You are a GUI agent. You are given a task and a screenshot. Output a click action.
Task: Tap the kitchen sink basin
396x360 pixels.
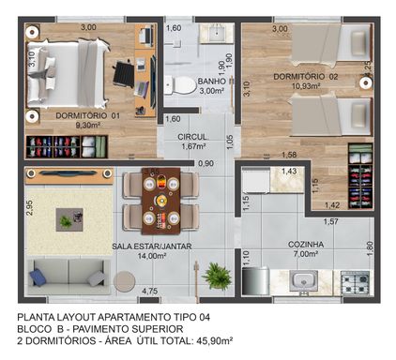point(303,280)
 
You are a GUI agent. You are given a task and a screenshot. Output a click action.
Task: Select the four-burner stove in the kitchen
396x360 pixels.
point(357,282)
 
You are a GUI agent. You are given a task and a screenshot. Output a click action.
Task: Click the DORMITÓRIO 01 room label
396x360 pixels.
point(87,116)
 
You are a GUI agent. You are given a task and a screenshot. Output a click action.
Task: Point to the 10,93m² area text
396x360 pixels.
point(306,86)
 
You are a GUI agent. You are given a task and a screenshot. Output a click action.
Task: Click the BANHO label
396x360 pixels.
point(211,82)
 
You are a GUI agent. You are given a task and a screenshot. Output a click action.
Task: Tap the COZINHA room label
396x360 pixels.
point(306,245)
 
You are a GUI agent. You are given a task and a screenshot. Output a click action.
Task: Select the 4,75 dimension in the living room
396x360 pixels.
point(149,292)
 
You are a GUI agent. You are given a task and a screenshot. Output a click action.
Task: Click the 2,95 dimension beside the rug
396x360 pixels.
point(30,208)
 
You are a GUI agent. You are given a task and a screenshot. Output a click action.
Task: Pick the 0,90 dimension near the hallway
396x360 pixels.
point(206,163)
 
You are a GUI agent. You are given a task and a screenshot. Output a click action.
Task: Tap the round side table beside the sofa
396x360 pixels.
point(124,281)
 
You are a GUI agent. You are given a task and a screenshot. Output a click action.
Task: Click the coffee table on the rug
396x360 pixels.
point(69,219)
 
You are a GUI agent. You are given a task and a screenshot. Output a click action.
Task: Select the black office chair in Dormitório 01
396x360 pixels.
point(123,74)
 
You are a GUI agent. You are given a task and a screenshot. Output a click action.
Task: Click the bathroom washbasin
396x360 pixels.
point(217,33)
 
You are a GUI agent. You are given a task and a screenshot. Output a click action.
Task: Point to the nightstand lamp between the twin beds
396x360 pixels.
point(365,82)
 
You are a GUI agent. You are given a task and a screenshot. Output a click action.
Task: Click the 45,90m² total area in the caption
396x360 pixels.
point(214,340)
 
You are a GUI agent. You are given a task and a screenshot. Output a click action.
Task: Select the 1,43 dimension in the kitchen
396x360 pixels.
point(289,171)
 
